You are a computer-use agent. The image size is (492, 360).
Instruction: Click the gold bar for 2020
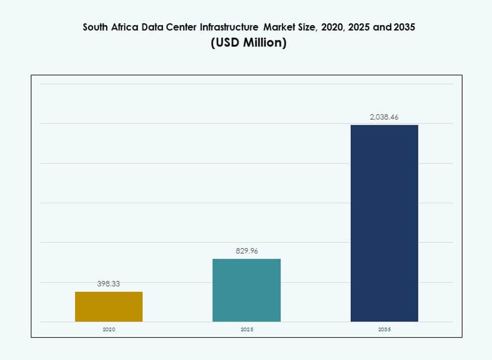click(x=109, y=306)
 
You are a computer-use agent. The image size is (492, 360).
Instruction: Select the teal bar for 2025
click(x=246, y=290)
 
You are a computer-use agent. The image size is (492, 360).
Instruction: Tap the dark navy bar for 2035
click(x=384, y=223)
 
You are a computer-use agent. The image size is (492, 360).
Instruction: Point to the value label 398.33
click(x=109, y=284)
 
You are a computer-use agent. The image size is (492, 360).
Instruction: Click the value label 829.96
click(x=246, y=251)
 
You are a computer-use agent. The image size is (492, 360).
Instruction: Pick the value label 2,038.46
click(x=384, y=117)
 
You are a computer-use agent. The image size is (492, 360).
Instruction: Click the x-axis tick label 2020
click(x=109, y=330)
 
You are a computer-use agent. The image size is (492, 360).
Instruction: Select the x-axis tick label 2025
click(x=246, y=330)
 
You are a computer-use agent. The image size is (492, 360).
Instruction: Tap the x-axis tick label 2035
click(x=384, y=330)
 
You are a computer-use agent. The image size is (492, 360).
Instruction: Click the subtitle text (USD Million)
click(x=248, y=43)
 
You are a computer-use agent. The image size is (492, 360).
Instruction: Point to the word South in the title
click(x=95, y=27)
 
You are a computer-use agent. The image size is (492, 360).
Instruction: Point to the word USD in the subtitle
click(x=227, y=43)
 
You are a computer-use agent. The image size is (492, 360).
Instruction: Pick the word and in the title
click(x=382, y=27)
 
